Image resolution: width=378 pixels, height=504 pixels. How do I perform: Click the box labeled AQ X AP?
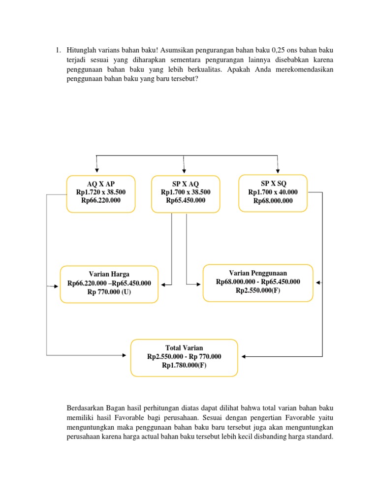(x=100, y=193)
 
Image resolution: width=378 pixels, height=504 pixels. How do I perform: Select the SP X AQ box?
(x=186, y=194)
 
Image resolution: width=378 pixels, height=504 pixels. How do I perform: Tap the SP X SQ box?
(x=273, y=193)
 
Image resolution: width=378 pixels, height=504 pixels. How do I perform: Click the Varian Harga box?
(x=109, y=284)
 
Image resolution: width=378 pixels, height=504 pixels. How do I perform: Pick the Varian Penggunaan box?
(x=258, y=283)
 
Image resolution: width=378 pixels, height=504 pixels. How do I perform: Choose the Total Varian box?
(x=184, y=357)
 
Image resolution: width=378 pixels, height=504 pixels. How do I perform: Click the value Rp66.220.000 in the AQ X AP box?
(x=100, y=201)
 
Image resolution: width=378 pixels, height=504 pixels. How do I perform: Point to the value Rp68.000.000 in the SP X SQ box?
(x=273, y=201)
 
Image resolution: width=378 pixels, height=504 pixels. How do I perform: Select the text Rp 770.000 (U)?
(x=109, y=292)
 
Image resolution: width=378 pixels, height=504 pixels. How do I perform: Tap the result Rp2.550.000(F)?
(x=258, y=291)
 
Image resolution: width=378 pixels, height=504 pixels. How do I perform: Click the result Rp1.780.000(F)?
(x=184, y=366)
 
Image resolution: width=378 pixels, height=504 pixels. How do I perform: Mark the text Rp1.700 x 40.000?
(x=273, y=192)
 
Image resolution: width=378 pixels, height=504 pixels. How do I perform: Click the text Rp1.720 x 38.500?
(x=100, y=192)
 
